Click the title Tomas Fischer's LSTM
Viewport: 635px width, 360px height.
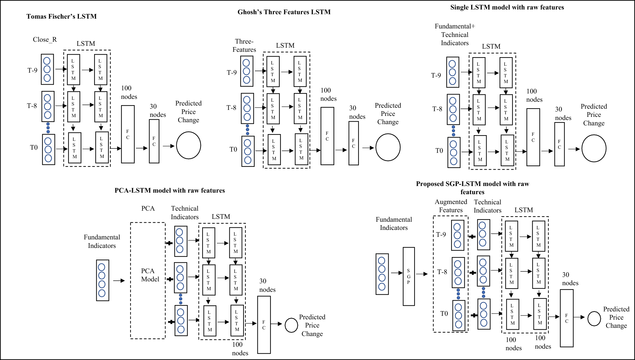(62, 16)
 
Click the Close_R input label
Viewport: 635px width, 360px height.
(45, 39)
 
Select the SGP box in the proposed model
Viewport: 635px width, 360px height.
(408, 276)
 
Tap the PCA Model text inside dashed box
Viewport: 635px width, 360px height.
(150, 275)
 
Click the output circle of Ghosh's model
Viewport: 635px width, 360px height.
(388, 147)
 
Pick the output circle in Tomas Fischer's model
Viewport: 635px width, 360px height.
(189, 145)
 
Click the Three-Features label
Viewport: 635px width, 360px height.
(244, 45)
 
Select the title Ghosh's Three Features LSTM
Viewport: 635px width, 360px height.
(284, 12)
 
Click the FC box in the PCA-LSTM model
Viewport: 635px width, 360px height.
(264, 325)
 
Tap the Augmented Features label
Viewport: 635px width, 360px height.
(451, 206)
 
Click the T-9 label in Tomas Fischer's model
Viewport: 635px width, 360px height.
(32, 70)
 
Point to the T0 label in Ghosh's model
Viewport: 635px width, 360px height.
(233, 149)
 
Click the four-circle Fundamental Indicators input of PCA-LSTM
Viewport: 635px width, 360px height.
(102, 280)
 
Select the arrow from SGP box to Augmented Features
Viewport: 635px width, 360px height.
(422, 274)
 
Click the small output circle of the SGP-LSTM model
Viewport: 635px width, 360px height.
(594, 319)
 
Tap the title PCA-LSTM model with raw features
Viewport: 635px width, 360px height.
(170, 190)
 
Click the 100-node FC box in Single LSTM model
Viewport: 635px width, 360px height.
(533, 137)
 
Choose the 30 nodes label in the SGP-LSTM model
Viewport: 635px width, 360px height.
(570, 279)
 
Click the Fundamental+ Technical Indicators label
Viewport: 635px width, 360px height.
(455, 35)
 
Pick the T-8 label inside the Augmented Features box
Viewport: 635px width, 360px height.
(442, 272)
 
